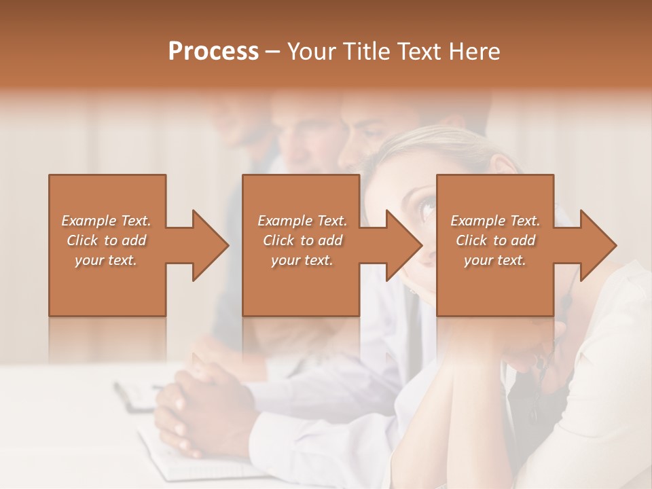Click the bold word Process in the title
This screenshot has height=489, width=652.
[x=213, y=52]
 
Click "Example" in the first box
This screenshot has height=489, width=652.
[x=89, y=221]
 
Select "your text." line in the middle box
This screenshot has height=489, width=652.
[x=302, y=260]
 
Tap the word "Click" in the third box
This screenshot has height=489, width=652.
[x=471, y=240]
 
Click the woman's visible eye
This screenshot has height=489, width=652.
[x=427, y=207]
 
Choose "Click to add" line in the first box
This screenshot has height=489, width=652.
[x=107, y=240]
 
